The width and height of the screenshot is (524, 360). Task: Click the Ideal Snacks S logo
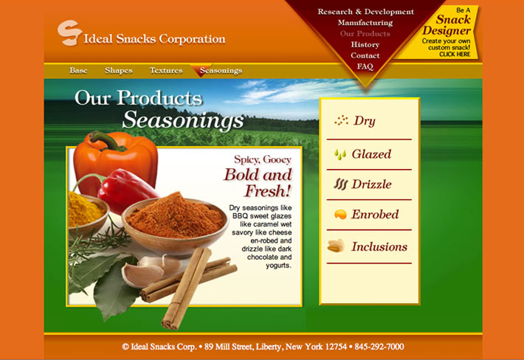pos(69,32)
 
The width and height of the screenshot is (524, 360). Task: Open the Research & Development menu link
pos(365,12)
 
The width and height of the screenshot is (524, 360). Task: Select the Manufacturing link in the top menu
pos(365,23)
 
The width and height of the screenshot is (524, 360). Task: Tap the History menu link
pos(365,44)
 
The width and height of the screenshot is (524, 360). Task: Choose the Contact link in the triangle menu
pos(365,55)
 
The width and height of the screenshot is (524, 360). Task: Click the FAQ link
pos(365,66)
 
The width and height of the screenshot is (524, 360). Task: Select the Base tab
pos(78,71)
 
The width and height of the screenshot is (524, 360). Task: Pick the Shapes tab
pos(119,71)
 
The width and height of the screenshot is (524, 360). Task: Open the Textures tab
pos(166,71)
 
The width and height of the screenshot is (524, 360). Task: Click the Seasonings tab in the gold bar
pos(221,71)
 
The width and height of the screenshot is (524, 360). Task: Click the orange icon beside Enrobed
pos(340,215)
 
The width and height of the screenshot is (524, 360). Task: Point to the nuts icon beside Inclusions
pos(337,246)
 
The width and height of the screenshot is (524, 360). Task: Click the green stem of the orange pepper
pos(106,139)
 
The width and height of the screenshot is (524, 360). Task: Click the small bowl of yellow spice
pos(88,214)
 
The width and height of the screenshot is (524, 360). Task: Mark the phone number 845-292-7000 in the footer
pos(379,347)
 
